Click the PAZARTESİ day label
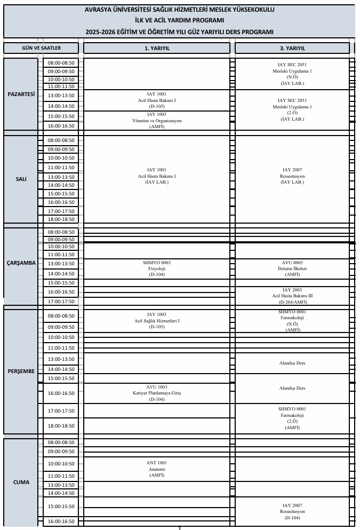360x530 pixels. pyautogui.click(x=21, y=94)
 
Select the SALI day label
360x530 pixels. pyautogui.click(x=21, y=179)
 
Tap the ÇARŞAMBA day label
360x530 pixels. pyautogui.click(x=21, y=263)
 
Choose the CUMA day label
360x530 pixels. pyautogui.click(x=21, y=482)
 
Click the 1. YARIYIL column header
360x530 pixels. pyautogui.click(x=157, y=48)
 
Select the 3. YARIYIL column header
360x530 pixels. pyautogui.click(x=292, y=48)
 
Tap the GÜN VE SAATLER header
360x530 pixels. pyautogui.click(x=41, y=48)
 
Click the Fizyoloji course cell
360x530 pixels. pyautogui.click(x=157, y=268)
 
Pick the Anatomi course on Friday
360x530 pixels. pyautogui.click(x=157, y=469)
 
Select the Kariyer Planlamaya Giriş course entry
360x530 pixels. pyautogui.click(x=157, y=393)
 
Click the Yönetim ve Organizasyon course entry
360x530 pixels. pyautogui.click(x=157, y=121)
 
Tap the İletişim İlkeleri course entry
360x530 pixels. pyautogui.click(x=292, y=268)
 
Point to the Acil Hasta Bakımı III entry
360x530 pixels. pyautogui.click(x=292, y=296)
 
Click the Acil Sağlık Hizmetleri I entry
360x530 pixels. pyautogui.click(x=157, y=320)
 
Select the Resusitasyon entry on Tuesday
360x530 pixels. pyautogui.click(x=292, y=176)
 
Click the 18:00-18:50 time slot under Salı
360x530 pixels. pyautogui.click(x=61, y=219)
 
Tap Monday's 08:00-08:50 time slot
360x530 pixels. pyautogui.click(x=61, y=62)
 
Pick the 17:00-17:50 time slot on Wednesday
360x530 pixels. pyautogui.click(x=61, y=302)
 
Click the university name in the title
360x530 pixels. pyautogui.click(x=180, y=10)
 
